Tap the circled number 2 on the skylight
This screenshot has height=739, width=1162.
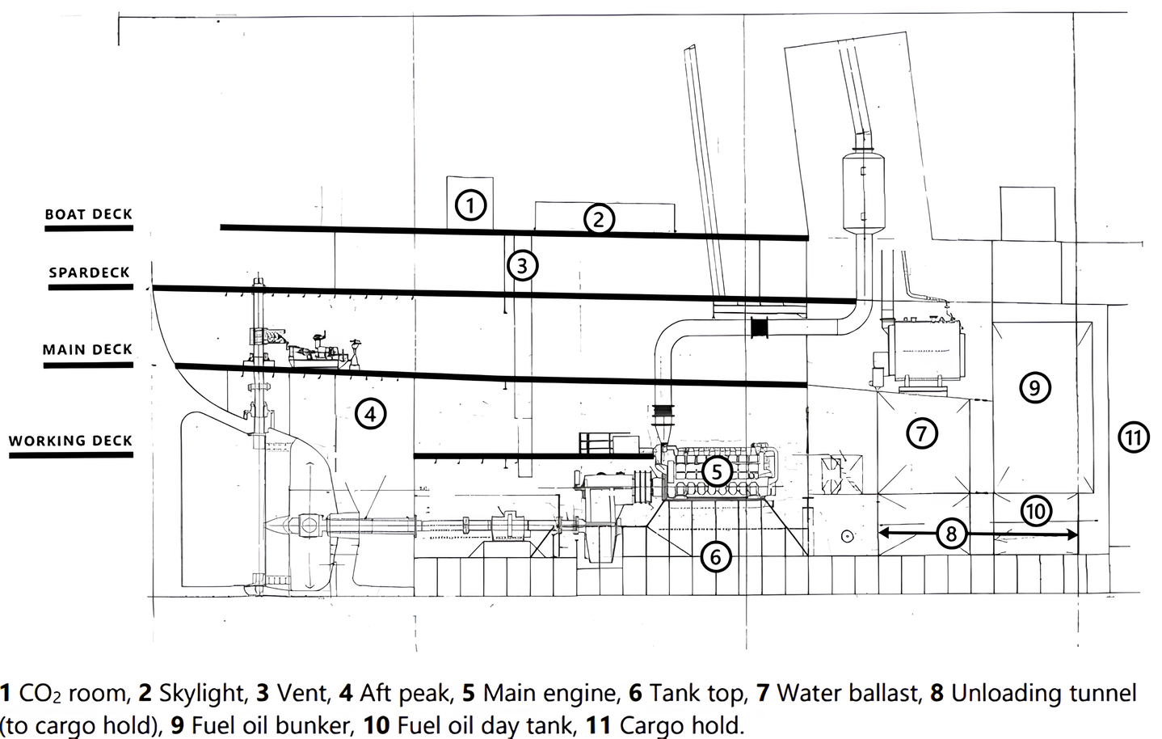[599, 218]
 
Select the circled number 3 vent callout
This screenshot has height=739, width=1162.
[522, 265]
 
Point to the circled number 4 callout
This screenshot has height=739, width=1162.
[369, 414]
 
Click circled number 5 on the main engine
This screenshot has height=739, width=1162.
[716, 471]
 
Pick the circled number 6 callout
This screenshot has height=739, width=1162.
[716, 556]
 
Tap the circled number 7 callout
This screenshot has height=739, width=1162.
[921, 433]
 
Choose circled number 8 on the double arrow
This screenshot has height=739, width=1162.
[951, 534]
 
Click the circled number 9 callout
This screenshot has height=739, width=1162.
[1034, 388]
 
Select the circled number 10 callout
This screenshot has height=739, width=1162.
[1036, 511]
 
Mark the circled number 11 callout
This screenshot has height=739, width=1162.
[1133, 438]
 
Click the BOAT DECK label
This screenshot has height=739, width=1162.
[88, 214]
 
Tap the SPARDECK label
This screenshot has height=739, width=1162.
[89, 272]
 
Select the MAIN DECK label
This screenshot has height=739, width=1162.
[87, 349]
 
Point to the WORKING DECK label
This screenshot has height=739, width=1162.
[70, 441]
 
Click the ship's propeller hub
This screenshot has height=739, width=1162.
[308, 526]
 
